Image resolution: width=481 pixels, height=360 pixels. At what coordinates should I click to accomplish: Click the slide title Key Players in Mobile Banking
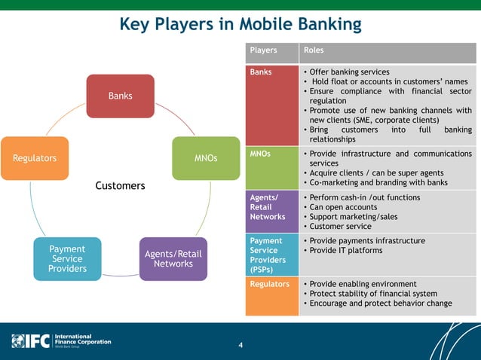point(240,25)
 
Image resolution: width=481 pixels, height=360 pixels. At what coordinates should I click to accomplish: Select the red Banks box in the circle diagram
point(120,96)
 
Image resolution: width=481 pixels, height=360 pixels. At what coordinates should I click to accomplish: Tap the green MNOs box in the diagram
point(205,158)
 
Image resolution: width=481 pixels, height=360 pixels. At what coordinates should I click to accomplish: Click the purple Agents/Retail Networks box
point(173,258)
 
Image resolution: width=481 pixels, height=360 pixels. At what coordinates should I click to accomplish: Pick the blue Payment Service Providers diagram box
point(67,258)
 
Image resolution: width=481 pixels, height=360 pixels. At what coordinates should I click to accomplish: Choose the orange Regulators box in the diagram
point(35,158)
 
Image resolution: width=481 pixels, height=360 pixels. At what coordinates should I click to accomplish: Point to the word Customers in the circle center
point(120,185)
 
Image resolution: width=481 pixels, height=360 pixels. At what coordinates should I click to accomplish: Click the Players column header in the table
point(263,50)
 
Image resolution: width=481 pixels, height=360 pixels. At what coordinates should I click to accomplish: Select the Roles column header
point(313,50)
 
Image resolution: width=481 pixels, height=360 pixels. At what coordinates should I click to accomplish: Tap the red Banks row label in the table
point(261,72)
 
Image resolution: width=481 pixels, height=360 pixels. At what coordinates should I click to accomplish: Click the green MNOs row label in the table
point(261,154)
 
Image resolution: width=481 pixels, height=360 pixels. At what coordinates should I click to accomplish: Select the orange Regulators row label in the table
point(269,284)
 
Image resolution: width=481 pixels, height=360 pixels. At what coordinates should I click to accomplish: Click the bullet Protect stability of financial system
point(372,294)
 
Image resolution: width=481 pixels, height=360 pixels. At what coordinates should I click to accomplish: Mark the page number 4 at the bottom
point(240,346)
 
